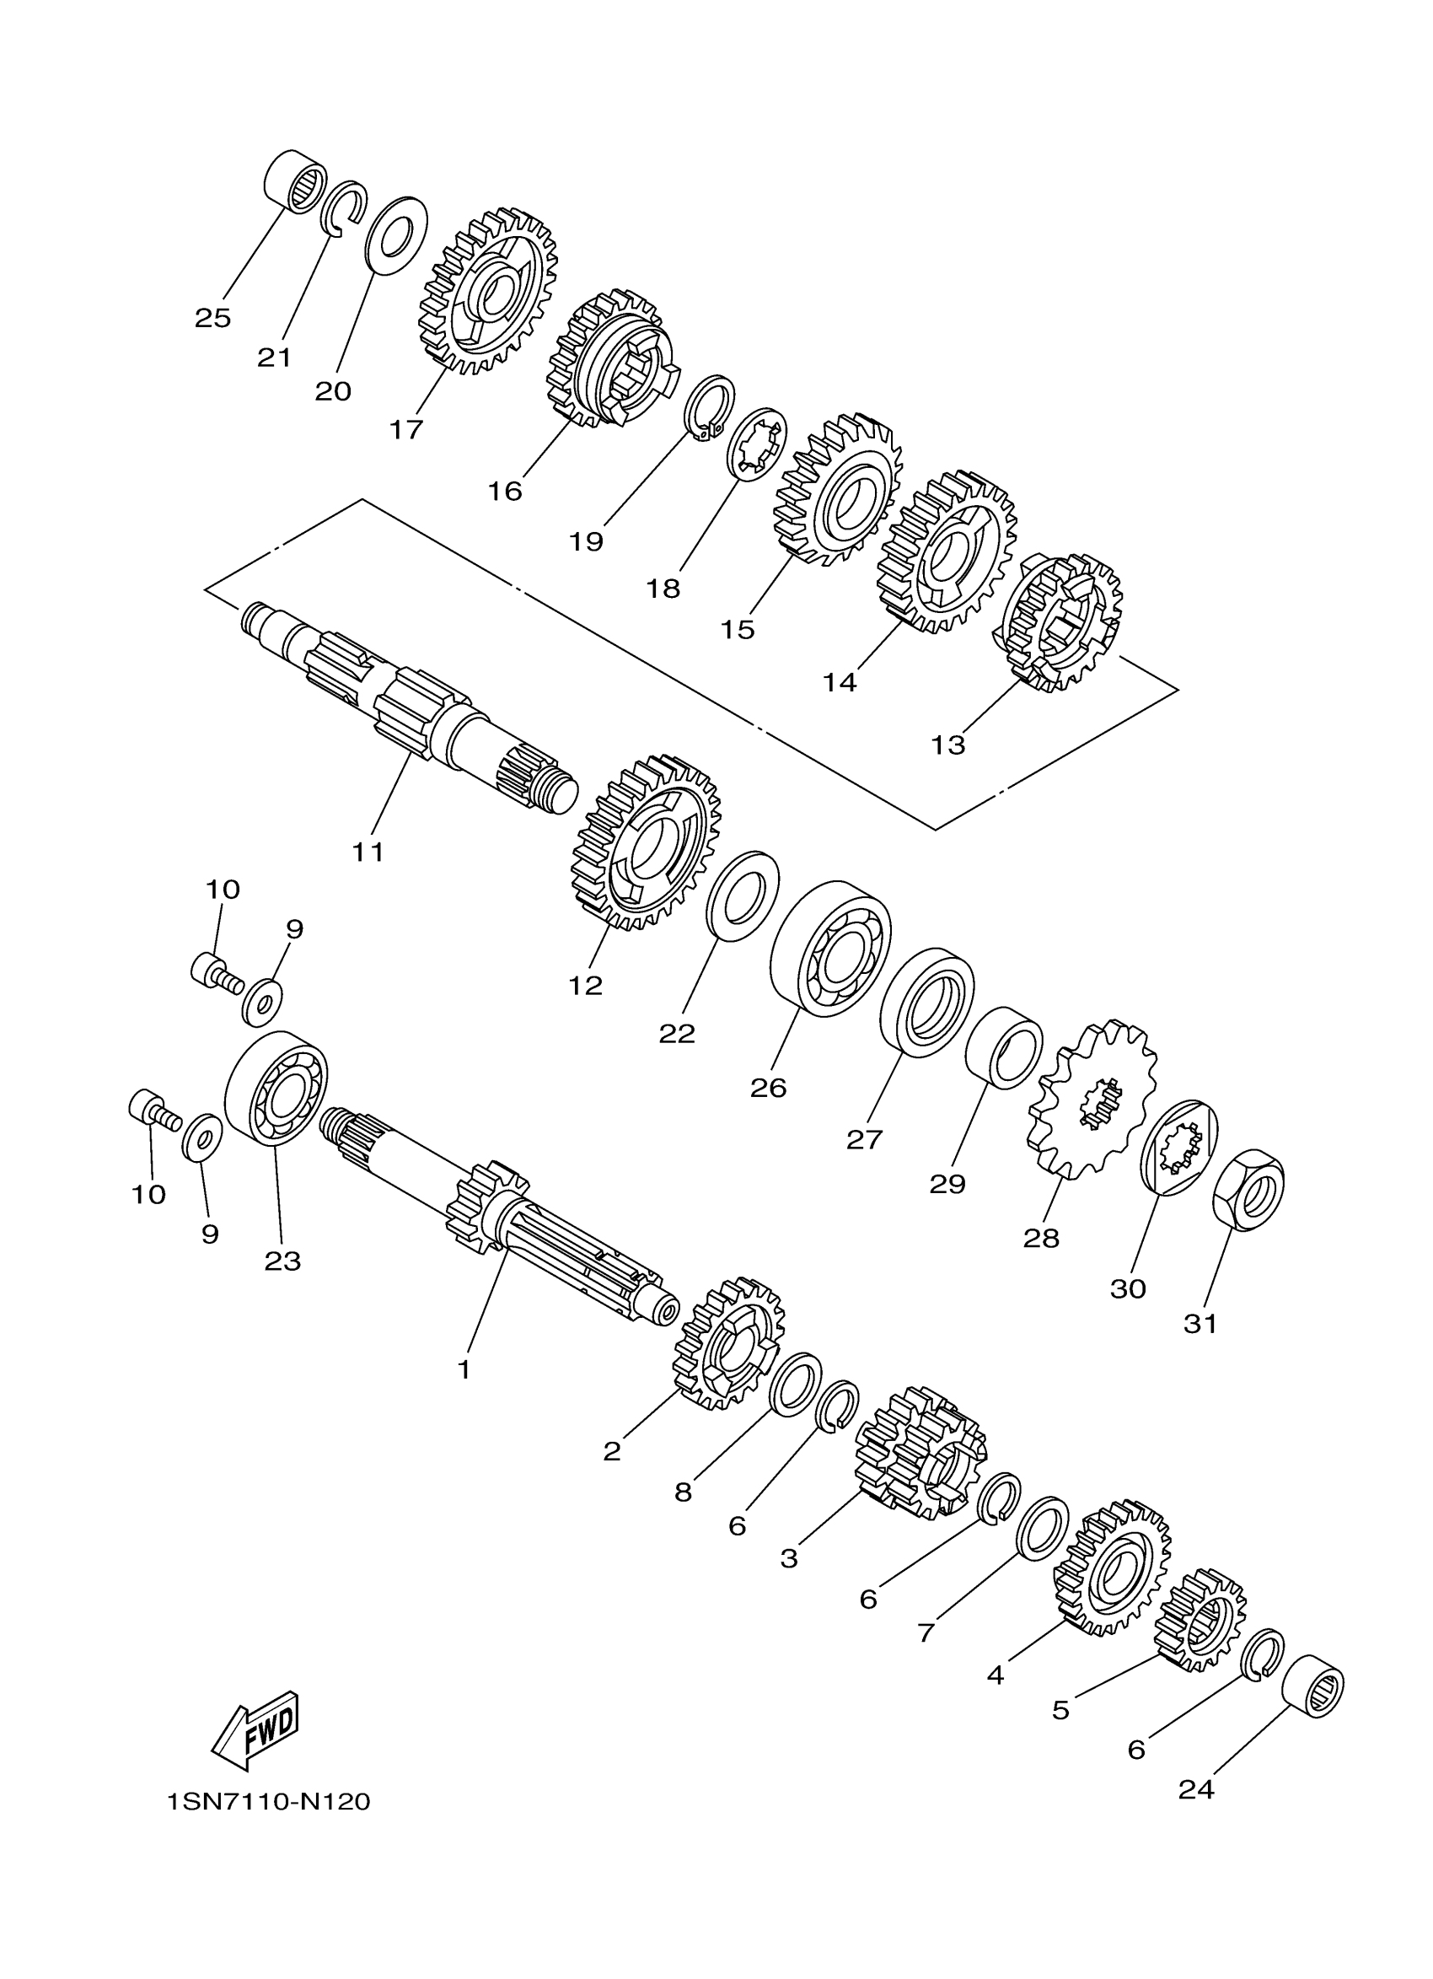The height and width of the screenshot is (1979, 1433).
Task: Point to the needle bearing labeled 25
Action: pyautogui.click(x=295, y=180)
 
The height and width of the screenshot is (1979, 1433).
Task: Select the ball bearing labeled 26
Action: pyautogui.click(x=831, y=949)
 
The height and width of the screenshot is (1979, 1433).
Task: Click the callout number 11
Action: pyautogui.click(x=368, y=852)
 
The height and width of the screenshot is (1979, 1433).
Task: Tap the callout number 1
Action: pyautogui.click(x=464, y=1370)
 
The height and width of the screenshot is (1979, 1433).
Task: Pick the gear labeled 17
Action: pyautogui.click(x=488, y=290)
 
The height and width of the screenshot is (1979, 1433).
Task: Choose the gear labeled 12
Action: pyautogui.click(x=647, y=844)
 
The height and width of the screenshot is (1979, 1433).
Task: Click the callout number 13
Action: pyautogui.click(x=948, y=745)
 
